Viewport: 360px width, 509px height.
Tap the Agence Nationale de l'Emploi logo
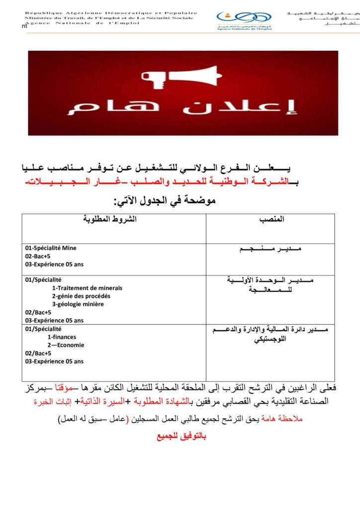pyautogui.click(x=244, y=19)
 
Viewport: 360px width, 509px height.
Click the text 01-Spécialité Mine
pyautogui.click(x=51, y=248)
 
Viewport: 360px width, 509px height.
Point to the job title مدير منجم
pyautogui.click(x=270, y=249)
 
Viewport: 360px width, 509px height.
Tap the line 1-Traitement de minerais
pyautogui.click(x=87, y=288)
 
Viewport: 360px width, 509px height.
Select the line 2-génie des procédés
pyautogui.click(x=81, y=296)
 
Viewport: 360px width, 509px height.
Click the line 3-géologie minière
pyautogui.click(x=78, y=304)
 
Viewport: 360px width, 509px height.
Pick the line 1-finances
pyautogui.click(x=62, y=337)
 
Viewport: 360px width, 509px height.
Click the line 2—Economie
pyautogui.click(x=66, y=345)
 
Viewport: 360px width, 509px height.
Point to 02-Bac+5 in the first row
pyautogui.click(x=38, y=256)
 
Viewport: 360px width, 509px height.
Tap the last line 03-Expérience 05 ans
pyautogui.click(x=54, y=361)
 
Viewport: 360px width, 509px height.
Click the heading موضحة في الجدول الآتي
pyautogui.click(x=165, y=202)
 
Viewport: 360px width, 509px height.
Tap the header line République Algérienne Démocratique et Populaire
pyautogui.click(x=111, y=13)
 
